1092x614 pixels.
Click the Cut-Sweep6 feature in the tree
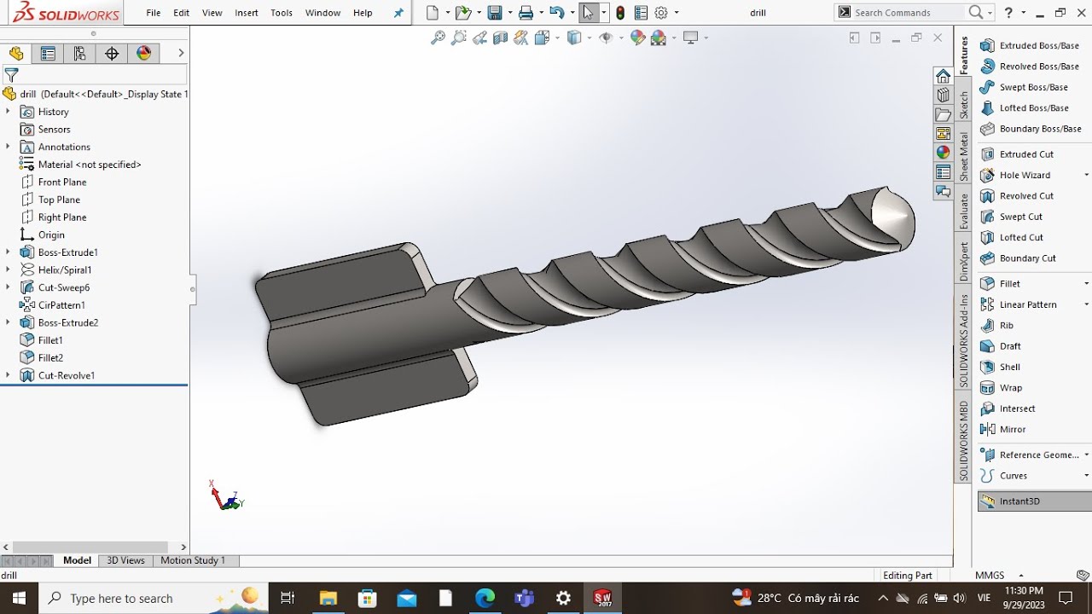click(63, 287)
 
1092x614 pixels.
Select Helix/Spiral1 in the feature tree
click(64, 269)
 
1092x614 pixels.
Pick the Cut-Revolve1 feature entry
click(66, 375)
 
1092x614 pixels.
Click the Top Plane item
click(59, 200)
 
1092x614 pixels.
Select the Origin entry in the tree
click(51, 235)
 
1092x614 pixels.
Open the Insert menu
click(247, 13)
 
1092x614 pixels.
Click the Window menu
click(322, 13)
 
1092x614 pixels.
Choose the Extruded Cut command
click(1026, 154)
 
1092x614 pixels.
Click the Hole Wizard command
click(1025, 175)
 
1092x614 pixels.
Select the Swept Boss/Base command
click(1033, 87)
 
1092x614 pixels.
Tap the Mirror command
click(1013, 430)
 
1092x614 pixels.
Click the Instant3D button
click(1019, 501)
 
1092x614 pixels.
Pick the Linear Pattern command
click(1028, 304)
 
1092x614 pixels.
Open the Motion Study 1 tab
click(193, 560)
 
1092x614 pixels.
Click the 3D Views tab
click(125, 560)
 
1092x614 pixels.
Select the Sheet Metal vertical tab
click(964, 157)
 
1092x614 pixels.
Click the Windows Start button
click(19, 598)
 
